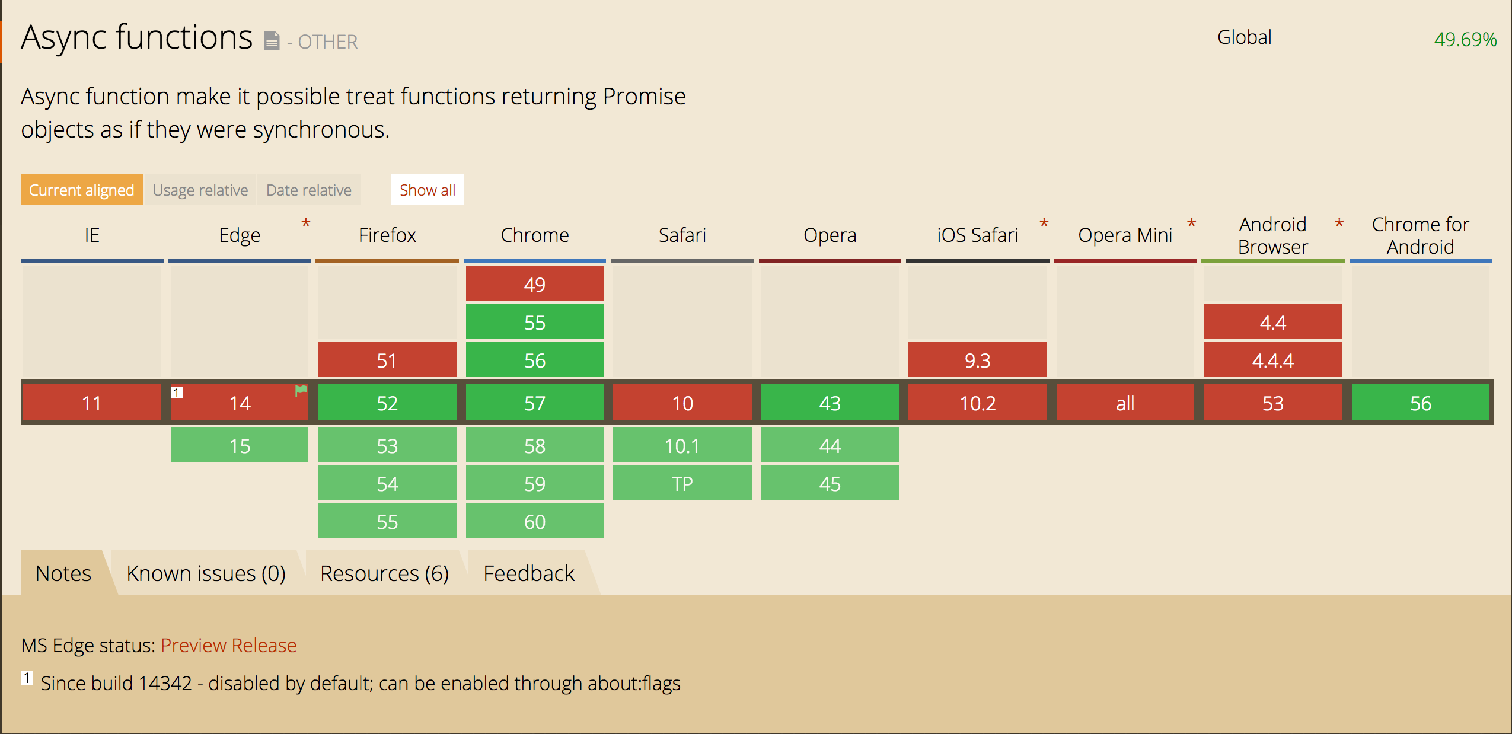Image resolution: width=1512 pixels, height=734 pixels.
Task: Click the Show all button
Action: point(427,190)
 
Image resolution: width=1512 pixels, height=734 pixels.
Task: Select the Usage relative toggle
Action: point(200,190)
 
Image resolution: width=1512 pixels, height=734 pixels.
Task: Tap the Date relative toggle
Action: point(309,190)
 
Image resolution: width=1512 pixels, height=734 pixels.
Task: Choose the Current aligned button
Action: point(82,190)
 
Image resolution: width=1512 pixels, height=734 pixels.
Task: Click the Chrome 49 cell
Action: point(535,284)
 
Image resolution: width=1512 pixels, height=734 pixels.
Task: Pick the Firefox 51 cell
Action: point(387,360)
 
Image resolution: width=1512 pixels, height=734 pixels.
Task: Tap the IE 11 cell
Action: point(92,403)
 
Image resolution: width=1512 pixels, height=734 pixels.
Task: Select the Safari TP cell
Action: point(682,483)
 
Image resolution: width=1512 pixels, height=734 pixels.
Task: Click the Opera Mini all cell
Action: point(1125,403)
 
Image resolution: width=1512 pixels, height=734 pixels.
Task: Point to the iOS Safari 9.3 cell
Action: point(978,360)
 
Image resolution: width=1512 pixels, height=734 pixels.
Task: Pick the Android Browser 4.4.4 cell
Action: point(1273,360)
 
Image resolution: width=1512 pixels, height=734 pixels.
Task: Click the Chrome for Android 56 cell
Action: point(1421,403)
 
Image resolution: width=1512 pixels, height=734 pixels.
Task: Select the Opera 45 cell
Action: point(830,483)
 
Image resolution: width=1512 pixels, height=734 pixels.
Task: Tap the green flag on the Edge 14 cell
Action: point(301,390)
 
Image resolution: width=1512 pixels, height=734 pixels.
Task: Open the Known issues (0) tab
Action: point(206,573)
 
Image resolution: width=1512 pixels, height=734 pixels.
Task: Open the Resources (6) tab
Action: point(384,573)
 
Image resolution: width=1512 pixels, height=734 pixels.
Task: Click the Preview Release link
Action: point(228,645)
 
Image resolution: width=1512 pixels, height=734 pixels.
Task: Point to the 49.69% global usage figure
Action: point(1465,39)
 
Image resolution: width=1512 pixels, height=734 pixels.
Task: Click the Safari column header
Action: point(682,235)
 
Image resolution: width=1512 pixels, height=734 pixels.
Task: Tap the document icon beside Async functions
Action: point(272,40)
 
